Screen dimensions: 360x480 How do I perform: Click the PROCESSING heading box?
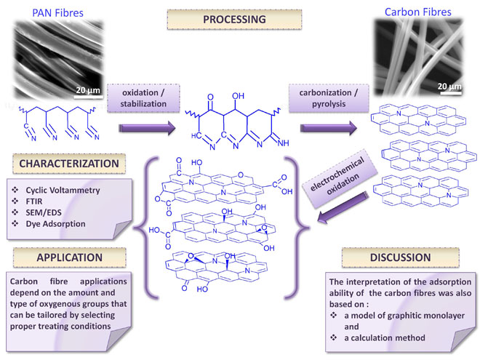pos(241,20)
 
